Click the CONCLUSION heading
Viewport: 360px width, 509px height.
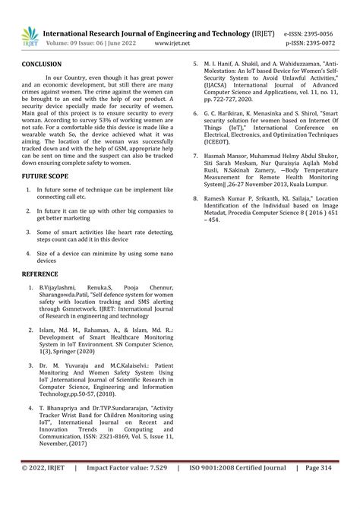pos(42,65)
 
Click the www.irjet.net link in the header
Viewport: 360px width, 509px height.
pos(172,44)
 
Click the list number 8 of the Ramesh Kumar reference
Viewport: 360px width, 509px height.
pos(195,197)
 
